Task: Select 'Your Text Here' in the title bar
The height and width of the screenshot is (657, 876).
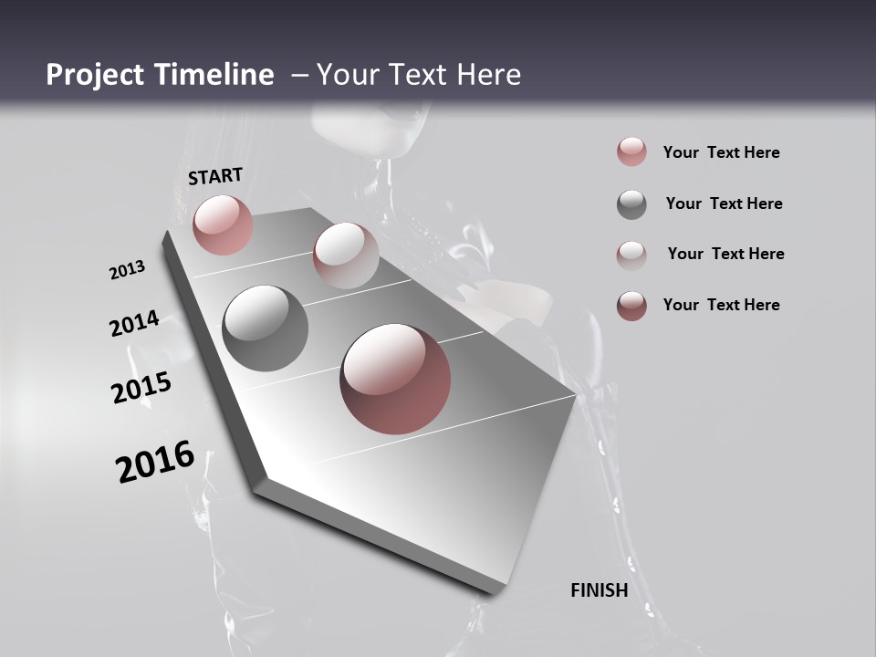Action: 418,75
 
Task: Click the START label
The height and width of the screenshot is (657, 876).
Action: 215,176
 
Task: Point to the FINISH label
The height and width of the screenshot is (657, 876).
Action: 599,590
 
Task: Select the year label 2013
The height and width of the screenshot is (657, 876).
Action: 127,270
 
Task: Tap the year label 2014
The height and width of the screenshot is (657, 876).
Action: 134,323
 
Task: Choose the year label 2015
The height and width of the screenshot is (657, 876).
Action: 141,388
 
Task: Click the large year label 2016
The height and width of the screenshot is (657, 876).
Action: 155,462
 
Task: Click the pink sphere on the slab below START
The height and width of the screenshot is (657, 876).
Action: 223,224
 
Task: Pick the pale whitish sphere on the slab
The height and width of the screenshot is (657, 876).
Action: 346,255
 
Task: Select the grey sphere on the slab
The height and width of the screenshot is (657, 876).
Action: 265,328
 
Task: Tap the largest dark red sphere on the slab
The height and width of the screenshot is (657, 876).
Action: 395,379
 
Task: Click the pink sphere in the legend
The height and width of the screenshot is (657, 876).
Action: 631,152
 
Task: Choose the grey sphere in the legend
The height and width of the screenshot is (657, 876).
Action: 631,204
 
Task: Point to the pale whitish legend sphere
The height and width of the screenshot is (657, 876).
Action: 631,255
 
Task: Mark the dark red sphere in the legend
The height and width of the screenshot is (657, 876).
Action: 631,306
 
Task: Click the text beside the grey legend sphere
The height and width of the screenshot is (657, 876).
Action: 724,203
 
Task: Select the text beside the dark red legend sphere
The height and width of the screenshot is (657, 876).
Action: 721,305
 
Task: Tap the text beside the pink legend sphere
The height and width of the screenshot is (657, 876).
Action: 721,152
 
